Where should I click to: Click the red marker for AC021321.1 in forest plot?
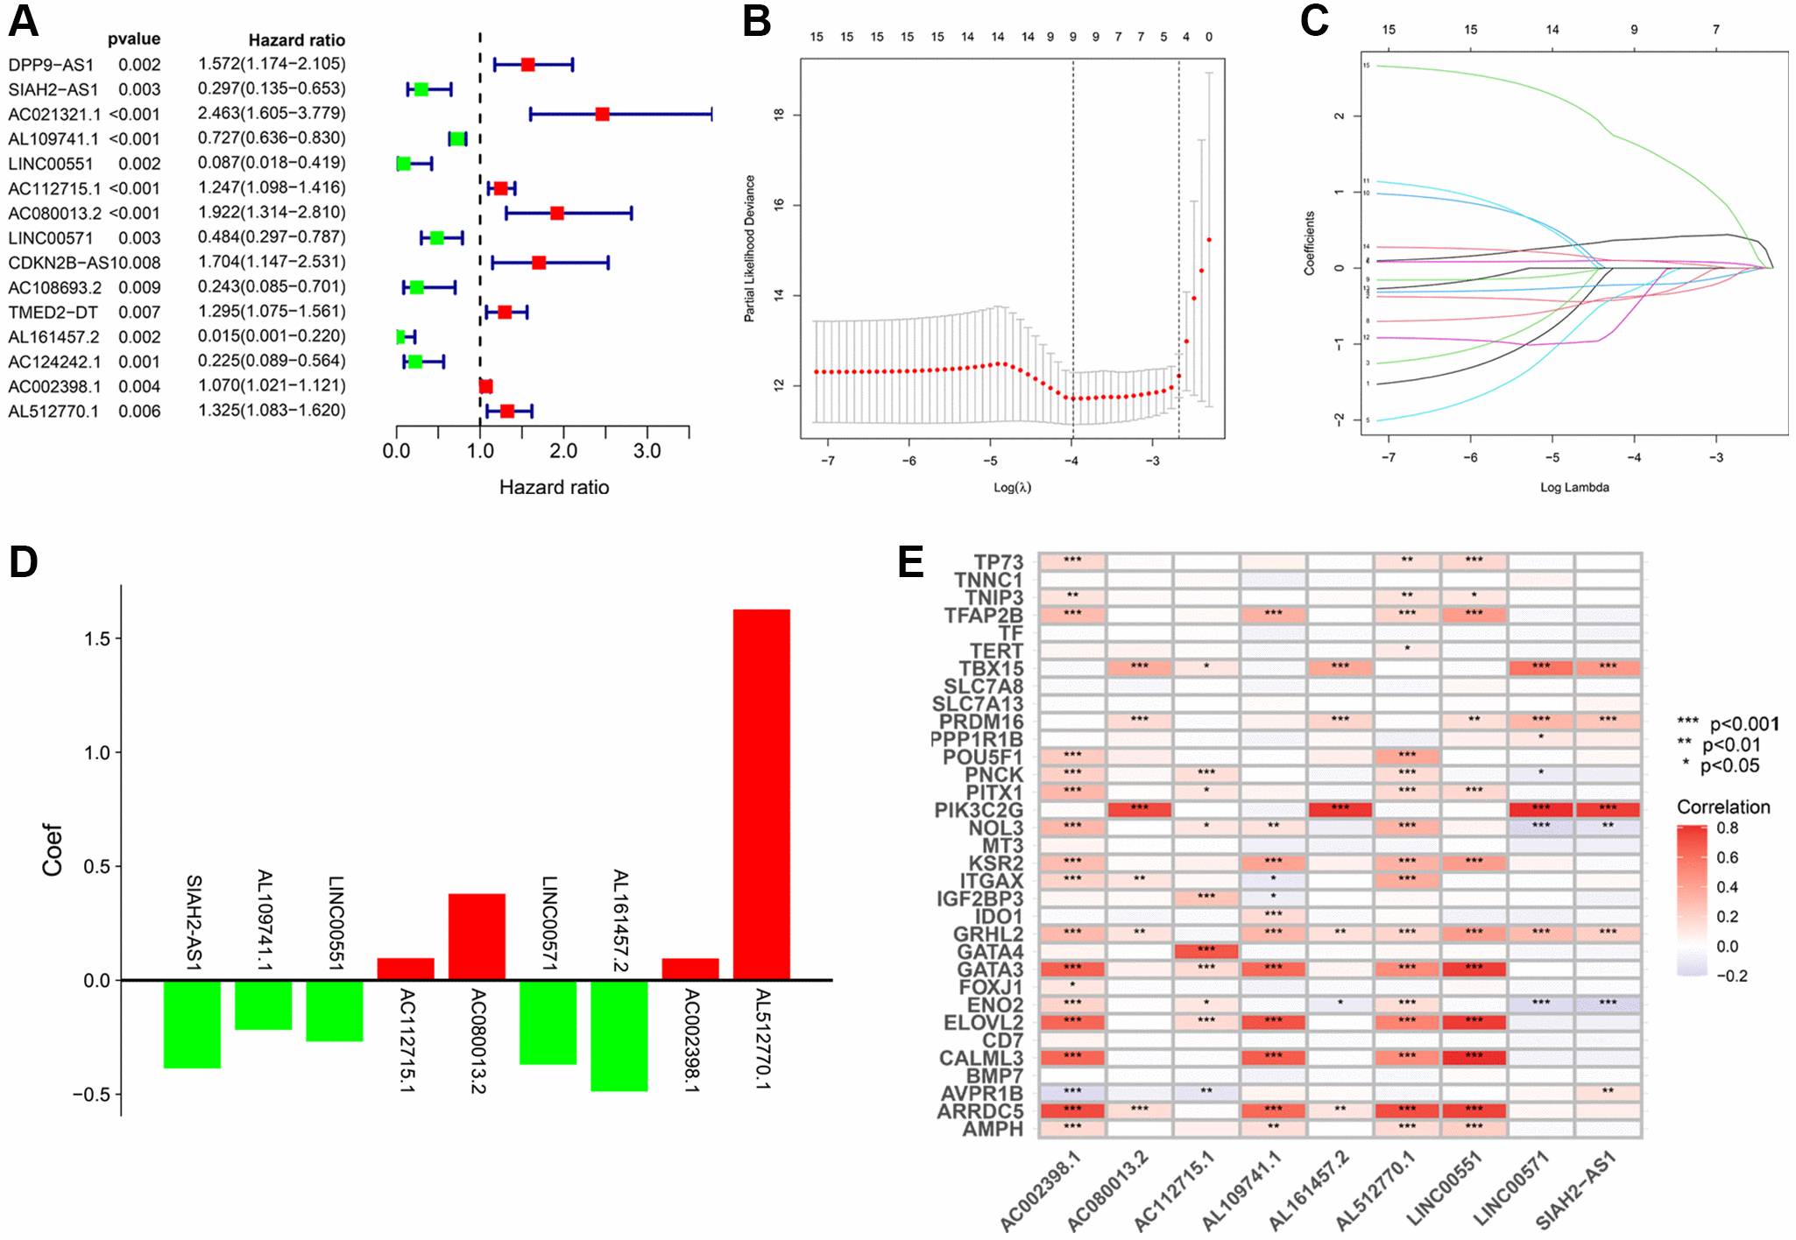[x=602, y=114]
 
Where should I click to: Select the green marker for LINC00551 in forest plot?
[x=404, y=164]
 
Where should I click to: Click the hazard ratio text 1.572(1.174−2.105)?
[x=272, y=64]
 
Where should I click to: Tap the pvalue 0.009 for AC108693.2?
[x=139, y=287]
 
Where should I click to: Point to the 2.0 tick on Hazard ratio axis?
[x=563, y=451]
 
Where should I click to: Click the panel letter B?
[x=757, y=21]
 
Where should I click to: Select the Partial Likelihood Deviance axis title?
[x=749, y=249]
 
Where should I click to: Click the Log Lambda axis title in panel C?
[x=1574, y=487]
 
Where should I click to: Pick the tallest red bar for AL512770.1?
[x=761, y=793]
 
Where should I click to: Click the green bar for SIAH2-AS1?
[x=192, y=1024]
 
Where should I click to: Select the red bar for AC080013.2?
[x=477, y=936]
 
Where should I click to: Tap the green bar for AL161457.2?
[x=619, y=1035]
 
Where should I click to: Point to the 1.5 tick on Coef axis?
[x=97, y=638]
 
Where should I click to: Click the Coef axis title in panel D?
[x=53, y=849]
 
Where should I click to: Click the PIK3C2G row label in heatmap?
[x=978, y=810]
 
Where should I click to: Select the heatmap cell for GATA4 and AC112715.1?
[x=1206, y=951]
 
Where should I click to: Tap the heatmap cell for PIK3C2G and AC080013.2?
[x=1139, y=809]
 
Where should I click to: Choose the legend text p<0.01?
[x=1731, y=744]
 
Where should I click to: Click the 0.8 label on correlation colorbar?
[x=1727, y=828]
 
